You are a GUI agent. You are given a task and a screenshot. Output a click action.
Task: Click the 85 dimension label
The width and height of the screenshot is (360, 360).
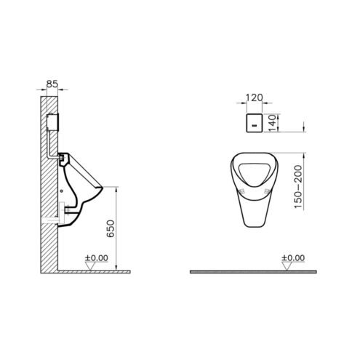52,84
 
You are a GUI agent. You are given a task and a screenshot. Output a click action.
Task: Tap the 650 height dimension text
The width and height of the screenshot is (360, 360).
111,228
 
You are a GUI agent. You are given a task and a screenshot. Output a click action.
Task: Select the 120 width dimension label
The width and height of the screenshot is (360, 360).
255,97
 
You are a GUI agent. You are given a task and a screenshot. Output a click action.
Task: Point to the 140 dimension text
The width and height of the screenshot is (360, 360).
273,123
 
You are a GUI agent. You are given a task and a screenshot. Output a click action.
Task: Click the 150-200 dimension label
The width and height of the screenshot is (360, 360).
298,186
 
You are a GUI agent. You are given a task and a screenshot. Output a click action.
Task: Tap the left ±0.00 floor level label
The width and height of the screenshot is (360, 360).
96,258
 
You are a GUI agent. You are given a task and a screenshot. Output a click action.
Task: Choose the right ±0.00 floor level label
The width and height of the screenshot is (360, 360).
293,258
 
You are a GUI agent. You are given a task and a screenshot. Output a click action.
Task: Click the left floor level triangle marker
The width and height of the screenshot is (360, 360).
90,266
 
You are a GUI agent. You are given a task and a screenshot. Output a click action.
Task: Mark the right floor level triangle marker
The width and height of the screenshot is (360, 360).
287,266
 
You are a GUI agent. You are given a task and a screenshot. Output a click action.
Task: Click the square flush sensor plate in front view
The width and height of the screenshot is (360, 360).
255,123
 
